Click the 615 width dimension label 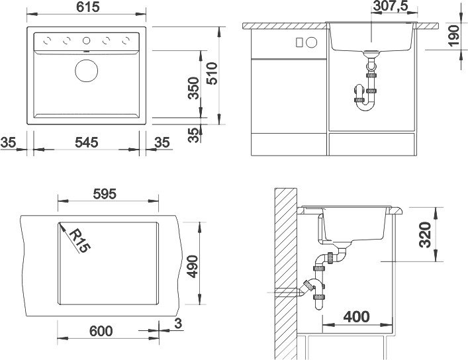tap(87, 7)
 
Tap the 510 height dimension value tap(212, 73)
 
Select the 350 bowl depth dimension tap(193, 88)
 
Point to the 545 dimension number tap(86, 142)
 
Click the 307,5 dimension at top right tap(390, 6)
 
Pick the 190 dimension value tap(453, 36)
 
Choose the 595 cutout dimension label tap(105, 194)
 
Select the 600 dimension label tap(101, 331)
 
